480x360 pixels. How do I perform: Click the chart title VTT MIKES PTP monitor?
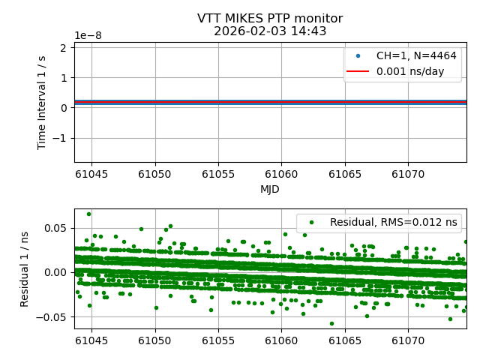point(270,19)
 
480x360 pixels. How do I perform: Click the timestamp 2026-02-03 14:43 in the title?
point(270,31)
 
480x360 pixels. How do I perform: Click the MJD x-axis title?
point(270,189)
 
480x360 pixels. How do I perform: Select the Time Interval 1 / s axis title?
point(42,102)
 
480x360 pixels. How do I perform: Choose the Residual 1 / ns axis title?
point(25,268)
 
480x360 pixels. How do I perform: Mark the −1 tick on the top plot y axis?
point(62,138)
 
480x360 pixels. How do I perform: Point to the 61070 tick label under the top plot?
point(408,174)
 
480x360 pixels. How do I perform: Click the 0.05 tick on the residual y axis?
point(55,228)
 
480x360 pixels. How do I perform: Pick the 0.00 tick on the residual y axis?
point(55,272)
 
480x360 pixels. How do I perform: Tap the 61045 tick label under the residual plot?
point(91,340)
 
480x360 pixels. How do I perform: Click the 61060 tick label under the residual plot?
point(281,340)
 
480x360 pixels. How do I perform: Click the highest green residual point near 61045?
point(88,214)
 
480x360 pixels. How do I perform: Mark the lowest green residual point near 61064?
point(331,323)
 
